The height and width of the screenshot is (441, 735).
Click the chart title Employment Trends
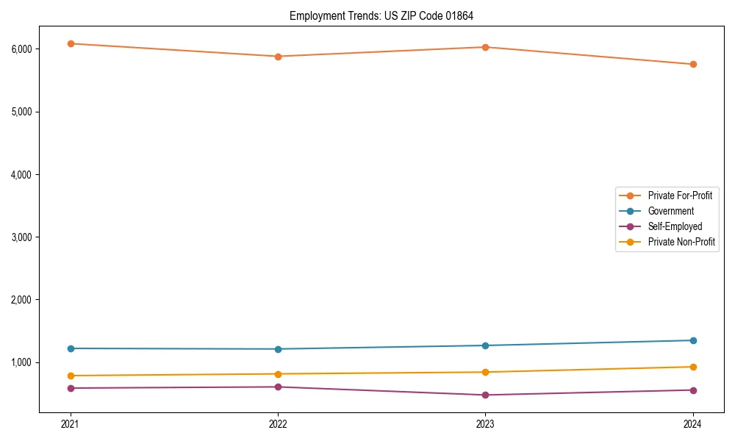pos(387,15)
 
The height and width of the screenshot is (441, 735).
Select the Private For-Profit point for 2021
pos(71,43)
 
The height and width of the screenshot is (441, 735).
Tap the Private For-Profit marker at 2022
pos(278,57)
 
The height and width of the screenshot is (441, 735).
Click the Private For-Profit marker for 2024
pos(693,64)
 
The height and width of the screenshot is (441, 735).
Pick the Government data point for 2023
pos(486,345)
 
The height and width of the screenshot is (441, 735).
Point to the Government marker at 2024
pos(693,340)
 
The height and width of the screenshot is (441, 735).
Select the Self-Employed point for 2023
pos(486,395)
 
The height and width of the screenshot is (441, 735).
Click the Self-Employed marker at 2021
pos(71,388)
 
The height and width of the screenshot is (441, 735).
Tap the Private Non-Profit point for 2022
pos(278,374)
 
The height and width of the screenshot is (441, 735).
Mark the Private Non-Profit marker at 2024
pos(693,367)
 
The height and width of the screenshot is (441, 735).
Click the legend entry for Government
pos(670,211)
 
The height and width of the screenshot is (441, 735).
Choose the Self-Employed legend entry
pos(675,226)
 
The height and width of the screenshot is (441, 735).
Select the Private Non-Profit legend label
pos(681,242)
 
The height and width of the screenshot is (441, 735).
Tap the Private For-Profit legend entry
pos(680,196)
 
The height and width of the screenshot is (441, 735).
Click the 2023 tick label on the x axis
pos(486,424)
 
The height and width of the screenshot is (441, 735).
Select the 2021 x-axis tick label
pos(71,424)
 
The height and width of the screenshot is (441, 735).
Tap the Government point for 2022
pos(278,349)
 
